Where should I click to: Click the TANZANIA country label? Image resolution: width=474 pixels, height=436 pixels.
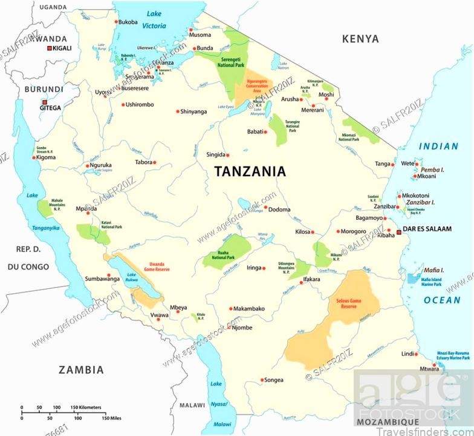[x=250, y=171]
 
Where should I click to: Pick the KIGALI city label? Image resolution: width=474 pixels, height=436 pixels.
[x=62, y=48]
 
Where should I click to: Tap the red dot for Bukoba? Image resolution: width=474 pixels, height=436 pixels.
[x=116, y=22]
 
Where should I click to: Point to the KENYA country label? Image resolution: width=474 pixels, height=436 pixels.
[x=360, y=39]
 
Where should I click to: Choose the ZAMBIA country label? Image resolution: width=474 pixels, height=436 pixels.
[x=80, y=369]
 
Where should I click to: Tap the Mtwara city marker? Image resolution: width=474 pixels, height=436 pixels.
[x=440, y=368]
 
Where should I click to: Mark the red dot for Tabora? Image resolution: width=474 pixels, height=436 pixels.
[x=154, y=162]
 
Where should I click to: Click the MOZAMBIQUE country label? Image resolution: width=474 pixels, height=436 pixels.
[x=387, y=421]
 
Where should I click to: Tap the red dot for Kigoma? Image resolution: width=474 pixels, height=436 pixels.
[x=34, y=157]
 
